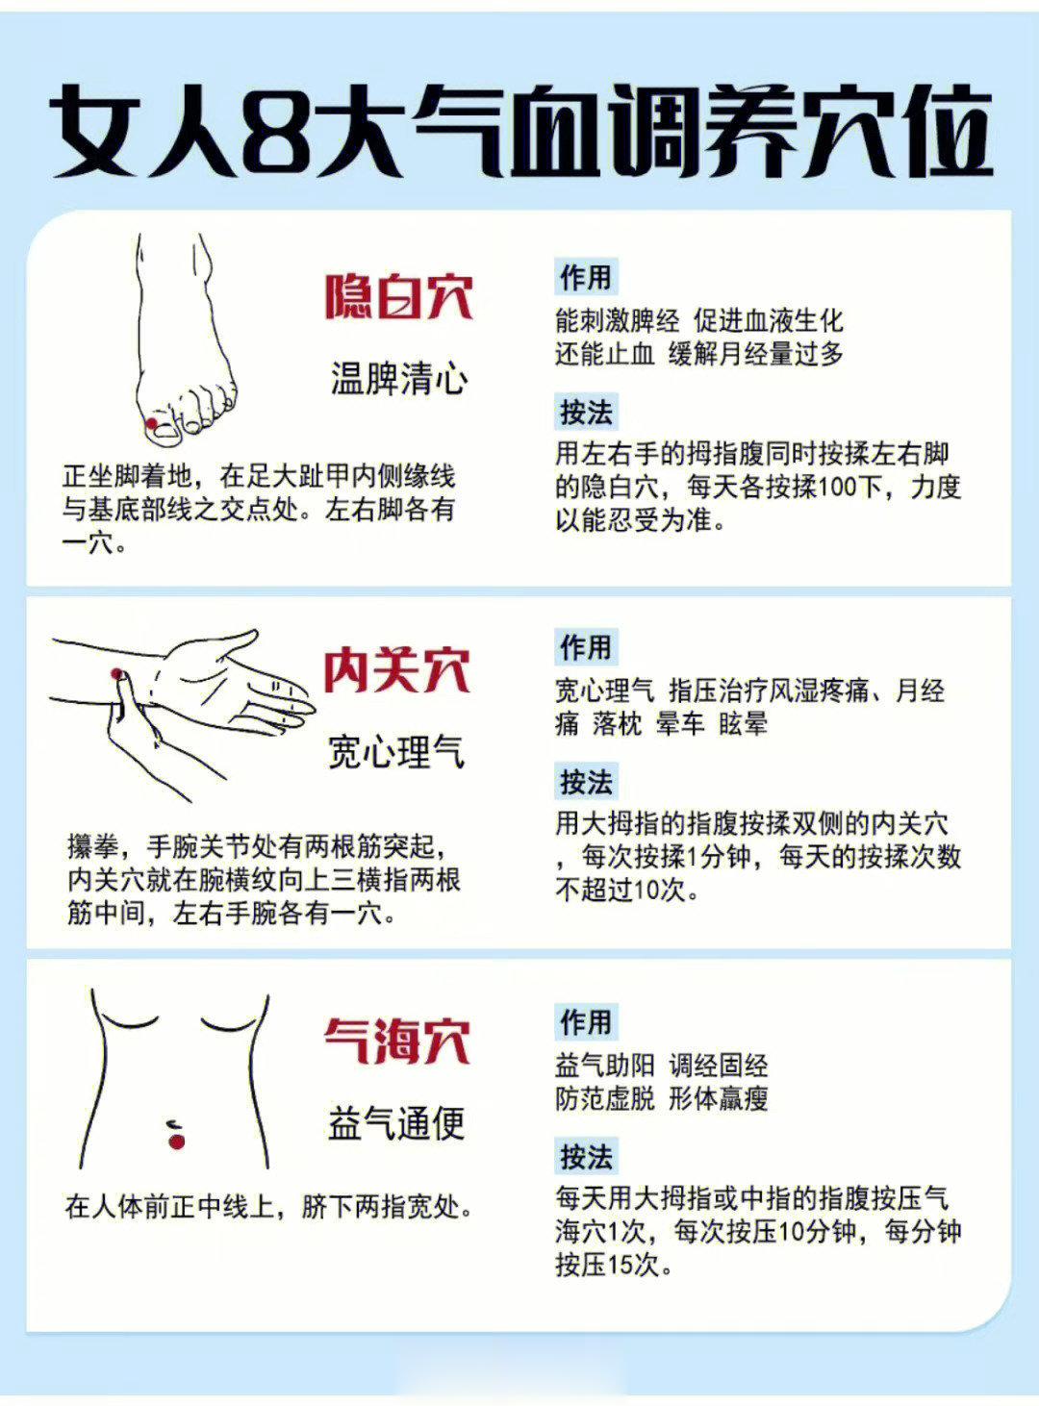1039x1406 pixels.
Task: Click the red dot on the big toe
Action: click(x=152, y=423)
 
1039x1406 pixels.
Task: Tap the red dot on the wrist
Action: click(x=116, y=673)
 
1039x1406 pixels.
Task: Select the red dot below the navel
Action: click(x=176, y=1141)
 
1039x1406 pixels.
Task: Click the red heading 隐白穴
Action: click(x=399, y=296)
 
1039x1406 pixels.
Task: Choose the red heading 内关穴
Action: click(x=397, y=670)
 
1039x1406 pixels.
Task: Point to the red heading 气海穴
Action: click(x=397, y=1042)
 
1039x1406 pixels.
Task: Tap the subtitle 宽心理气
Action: click(x=397, y=752)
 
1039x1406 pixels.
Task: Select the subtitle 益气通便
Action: click(x=397, y=1123)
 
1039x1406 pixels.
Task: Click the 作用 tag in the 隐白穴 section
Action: click(x=586, y=277)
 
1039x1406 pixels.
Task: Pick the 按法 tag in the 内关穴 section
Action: click(x=586, y=782)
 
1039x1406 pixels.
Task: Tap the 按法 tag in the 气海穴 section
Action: click(x=586, y=1156)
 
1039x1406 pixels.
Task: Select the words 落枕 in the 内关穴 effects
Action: click(x=618, y=723)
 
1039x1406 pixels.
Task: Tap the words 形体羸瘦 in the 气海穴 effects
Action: click(x=718, y=1098)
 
